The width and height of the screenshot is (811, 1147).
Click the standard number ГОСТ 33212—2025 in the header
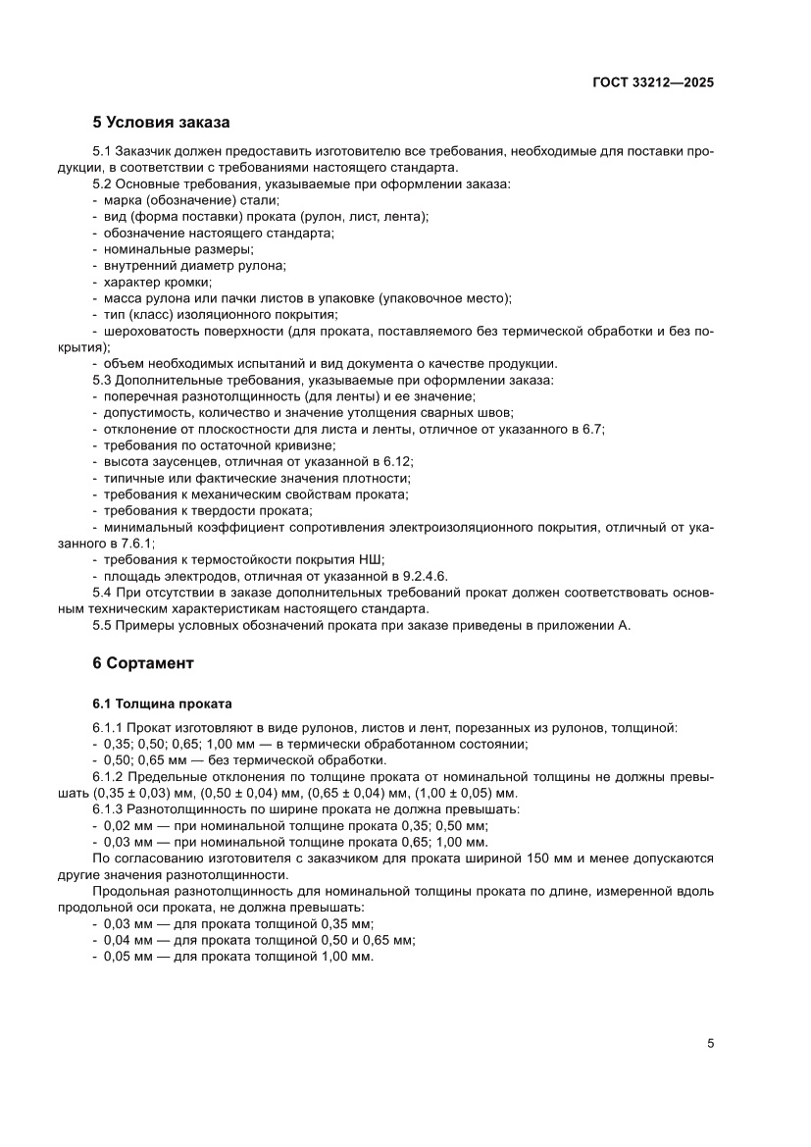[x=652, y=82]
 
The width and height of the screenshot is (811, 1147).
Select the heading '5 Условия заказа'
[x=161, y=123]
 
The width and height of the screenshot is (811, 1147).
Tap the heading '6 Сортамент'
[x=143, y=663]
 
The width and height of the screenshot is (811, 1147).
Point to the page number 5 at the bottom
[x=710, y=1043]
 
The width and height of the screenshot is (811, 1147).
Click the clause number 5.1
[x=103, y=150]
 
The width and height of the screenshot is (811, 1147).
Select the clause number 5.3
[x=103, y=380]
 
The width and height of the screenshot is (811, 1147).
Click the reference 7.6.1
[x=137, y=543]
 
